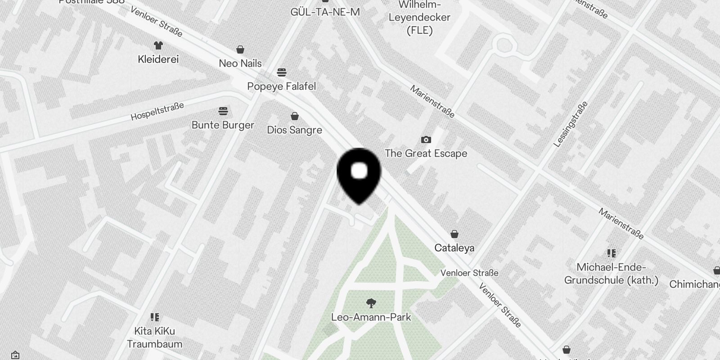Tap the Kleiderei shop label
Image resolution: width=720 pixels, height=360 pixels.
[158, 59]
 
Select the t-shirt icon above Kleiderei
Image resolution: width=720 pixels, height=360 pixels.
[158, 45]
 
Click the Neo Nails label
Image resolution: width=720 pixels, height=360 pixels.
[240, 63]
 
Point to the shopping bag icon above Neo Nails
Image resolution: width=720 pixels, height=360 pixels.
[240, 49]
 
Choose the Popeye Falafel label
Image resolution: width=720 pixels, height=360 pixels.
[282, 86]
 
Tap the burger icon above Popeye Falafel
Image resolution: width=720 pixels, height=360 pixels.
[282, 72]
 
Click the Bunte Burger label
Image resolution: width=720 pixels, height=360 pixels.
[223, 125]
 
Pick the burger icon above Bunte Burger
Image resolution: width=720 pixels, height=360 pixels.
[223, 111]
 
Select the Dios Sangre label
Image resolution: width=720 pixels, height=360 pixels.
[294, 130]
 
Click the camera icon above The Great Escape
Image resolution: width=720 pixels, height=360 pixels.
[426, 139]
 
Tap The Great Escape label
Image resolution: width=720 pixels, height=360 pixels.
[426, 153]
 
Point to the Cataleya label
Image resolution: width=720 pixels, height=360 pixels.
[454, 248]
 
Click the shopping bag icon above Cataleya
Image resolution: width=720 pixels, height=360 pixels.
[454, 234]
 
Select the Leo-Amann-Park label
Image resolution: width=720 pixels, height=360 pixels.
[371, 317]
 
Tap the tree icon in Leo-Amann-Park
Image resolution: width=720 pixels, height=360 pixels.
[371, 303]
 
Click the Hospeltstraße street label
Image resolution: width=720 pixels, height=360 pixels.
[157, 111]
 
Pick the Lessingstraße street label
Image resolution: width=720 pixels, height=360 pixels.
[570, 124]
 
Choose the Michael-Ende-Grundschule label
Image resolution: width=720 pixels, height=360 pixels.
[611, 274]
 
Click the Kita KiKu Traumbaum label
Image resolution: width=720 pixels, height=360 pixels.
[154, 337]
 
